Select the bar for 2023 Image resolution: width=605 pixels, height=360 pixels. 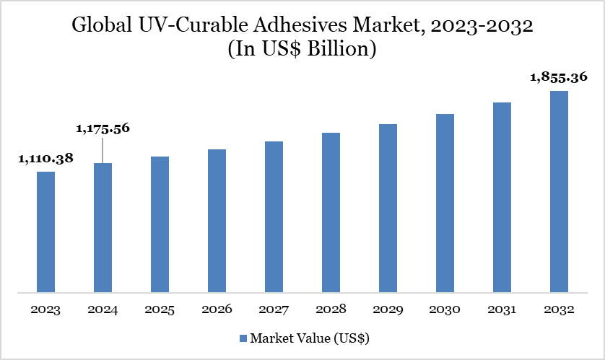45,232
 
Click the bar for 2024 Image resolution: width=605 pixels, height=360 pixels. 103,228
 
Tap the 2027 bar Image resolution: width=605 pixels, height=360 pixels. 274,217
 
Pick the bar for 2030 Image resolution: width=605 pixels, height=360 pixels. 445,203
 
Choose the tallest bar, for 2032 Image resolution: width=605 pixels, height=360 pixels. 559,192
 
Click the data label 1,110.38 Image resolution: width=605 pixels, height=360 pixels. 45,158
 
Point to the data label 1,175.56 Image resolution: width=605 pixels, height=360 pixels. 103,128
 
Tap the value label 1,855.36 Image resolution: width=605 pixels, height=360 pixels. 559,77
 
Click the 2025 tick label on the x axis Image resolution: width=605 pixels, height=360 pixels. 160,309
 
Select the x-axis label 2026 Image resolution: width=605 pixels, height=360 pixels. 217,309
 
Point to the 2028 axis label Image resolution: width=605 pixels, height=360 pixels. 331,309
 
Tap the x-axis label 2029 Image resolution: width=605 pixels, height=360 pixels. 388,309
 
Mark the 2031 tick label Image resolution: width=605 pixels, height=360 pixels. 502,309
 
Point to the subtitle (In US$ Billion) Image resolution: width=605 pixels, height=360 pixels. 302,51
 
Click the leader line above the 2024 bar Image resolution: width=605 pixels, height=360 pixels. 103,150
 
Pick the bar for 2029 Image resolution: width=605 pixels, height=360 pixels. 388,208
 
